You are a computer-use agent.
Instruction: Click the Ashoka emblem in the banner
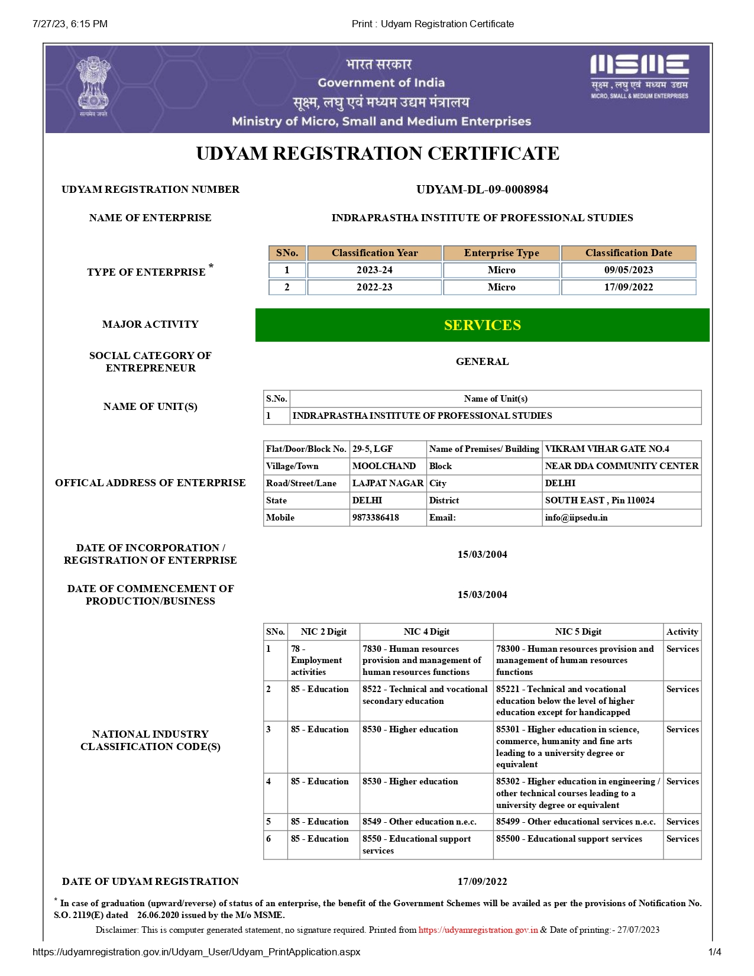click(x=93, y=86)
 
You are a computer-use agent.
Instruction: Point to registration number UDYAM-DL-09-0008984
click(x=482, y=189)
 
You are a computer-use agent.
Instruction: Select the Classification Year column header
click(x=374, y=253)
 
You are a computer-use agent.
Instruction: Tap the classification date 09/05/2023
click(x=628, y=270)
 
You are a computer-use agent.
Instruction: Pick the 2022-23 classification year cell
click(x=374, y=287)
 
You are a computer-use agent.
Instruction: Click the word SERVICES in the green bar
click(x=482, y=325)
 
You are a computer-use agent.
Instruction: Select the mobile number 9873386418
click(x=376, y=518)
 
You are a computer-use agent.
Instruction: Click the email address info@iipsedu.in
click(x=576, y=518)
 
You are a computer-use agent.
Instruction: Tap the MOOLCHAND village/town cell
click(x=384, y=466)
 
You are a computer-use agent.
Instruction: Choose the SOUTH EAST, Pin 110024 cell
click(x=600, y=500)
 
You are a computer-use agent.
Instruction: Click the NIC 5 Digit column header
click(x=578, y=632)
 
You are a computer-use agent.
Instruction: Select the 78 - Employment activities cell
click(x=316, y=660)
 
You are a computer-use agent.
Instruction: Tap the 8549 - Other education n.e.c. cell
click(x=419, y=822)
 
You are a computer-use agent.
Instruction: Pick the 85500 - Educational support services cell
click(x=569, y=839)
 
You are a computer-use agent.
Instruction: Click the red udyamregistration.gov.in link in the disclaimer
click(x=478, y=930)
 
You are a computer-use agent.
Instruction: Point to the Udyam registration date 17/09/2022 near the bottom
click(x=482, y=881)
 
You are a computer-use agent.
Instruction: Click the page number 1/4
click(x=714, y=952)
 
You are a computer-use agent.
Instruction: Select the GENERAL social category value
click(x=482, y=361)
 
